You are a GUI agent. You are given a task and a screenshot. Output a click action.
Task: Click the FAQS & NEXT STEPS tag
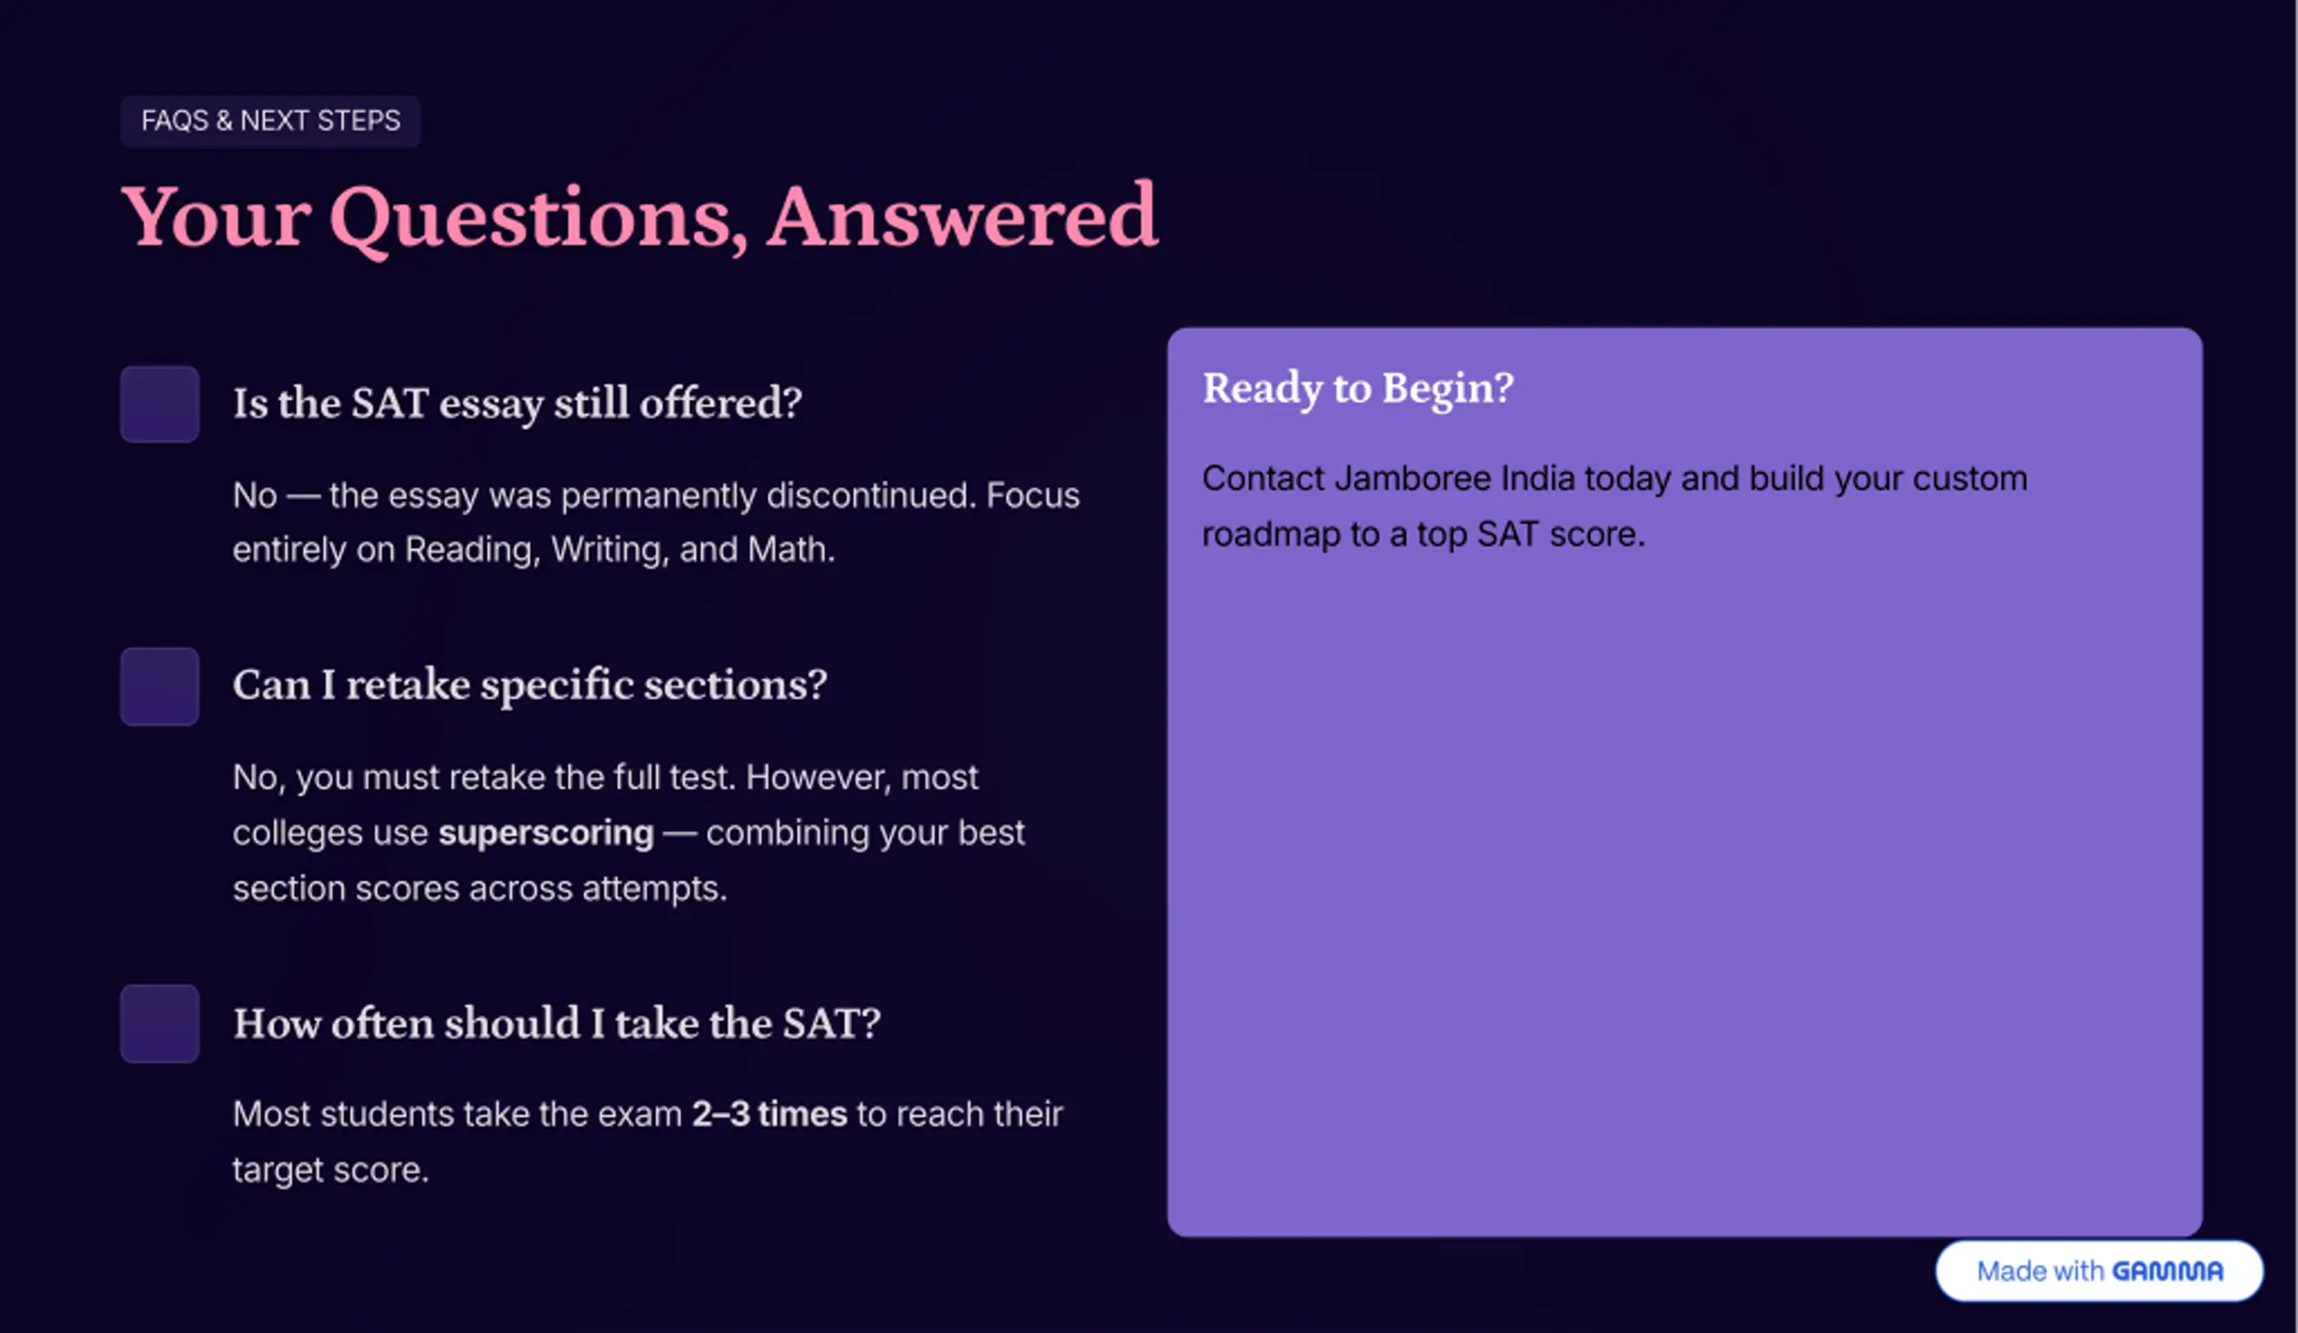270,120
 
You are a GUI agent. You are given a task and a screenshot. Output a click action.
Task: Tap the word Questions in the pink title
539,219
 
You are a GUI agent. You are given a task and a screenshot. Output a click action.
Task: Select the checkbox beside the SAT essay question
160,404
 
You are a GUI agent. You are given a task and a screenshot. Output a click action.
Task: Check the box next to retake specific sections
160,686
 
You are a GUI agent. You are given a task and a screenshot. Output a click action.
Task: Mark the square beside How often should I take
160,1023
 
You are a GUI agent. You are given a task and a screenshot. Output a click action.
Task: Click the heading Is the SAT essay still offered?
517,403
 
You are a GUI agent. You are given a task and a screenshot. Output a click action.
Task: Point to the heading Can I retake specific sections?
530,685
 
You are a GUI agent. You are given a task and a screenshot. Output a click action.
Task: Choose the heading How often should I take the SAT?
557,1023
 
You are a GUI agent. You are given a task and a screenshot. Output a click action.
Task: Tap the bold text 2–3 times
769,1114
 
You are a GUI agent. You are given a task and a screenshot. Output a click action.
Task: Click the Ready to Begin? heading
1358,389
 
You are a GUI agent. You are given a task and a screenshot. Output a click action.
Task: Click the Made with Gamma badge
2100,1270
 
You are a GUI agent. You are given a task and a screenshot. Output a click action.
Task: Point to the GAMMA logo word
2168,1271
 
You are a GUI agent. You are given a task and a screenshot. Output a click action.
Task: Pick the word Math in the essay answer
791,549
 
